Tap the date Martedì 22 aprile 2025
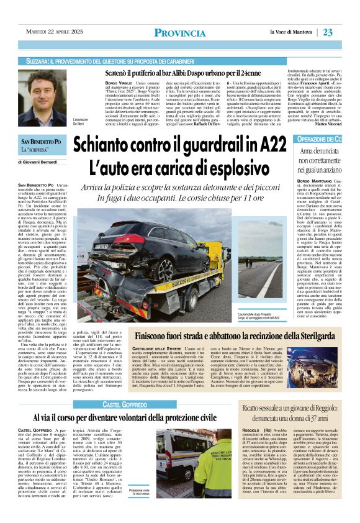[x=53, y=32]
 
